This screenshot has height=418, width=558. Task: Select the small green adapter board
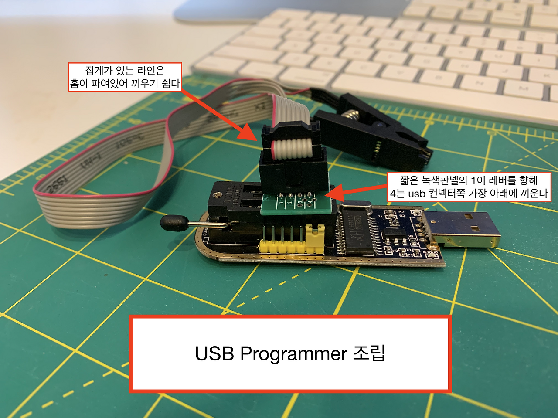[x=296, y=204]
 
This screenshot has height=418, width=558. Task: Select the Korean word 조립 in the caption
[x=369, y=353]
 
